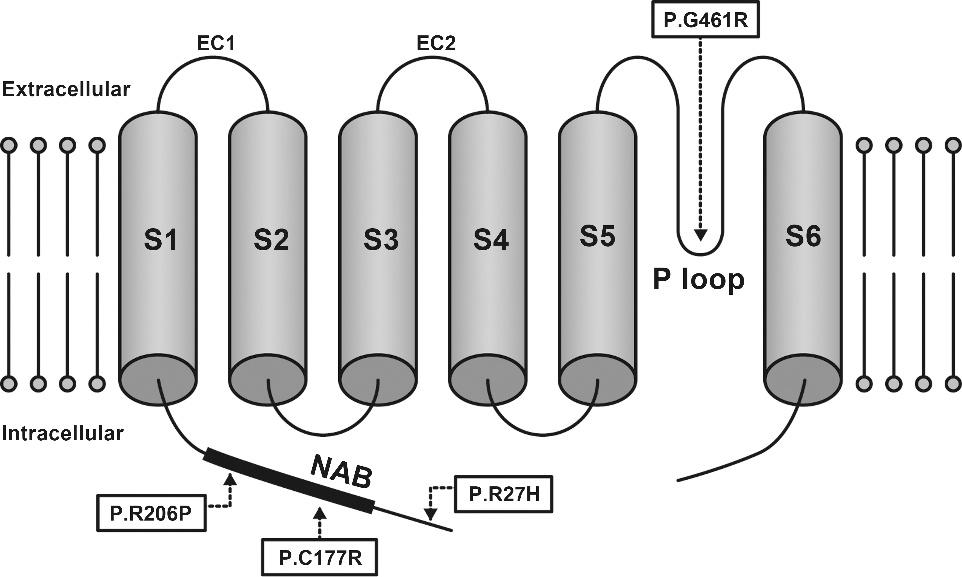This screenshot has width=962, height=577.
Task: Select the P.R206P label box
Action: pyautogui.click(x=151, y=513)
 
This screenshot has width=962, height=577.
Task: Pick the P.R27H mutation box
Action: pyautogui.click(x=504, y=494)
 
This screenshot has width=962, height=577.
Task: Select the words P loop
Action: pyautogui.click(x=698, y=280)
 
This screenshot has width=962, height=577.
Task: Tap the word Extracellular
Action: pyautogui.click(x=66, y=90)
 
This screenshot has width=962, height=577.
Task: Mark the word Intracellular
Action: pyautogui.click(x=63, y=434)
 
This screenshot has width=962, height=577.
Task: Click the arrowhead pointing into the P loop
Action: pyautogui.click(x=701, y=235)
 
